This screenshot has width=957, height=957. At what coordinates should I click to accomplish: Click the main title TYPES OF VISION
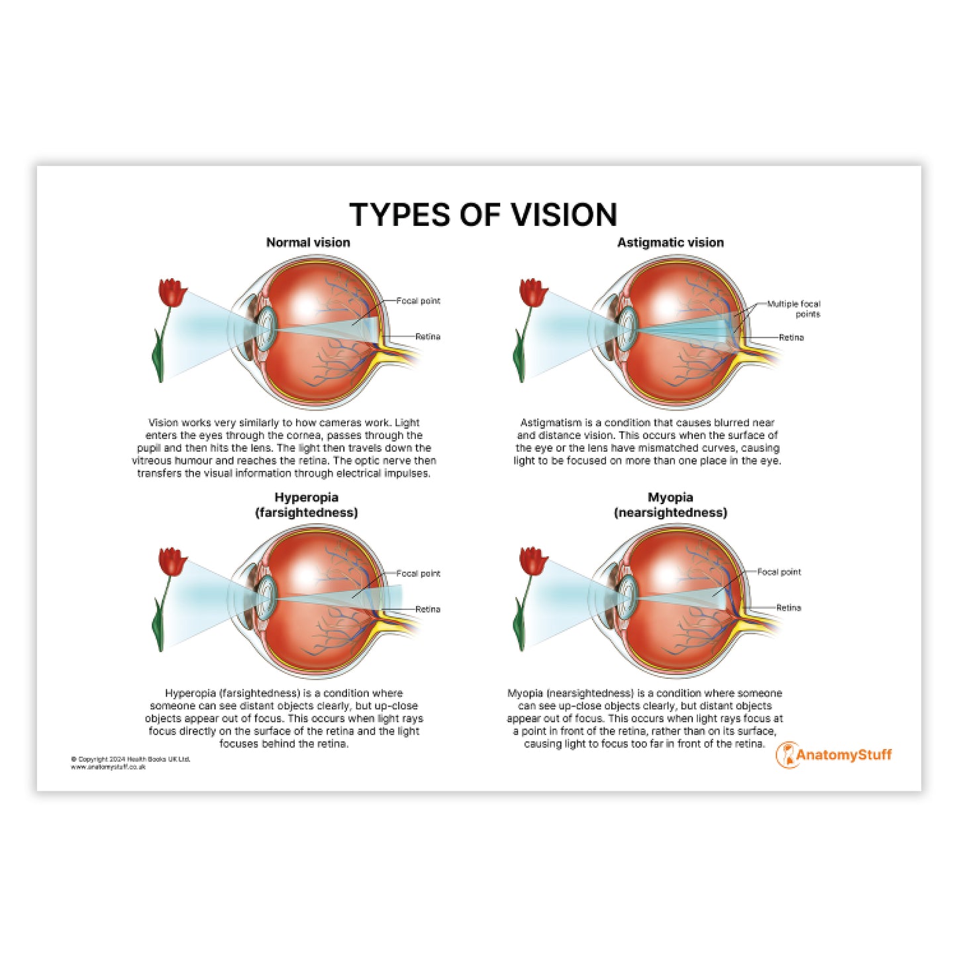click(483, 215)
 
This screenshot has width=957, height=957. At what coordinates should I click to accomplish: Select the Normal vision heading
click(308, 242)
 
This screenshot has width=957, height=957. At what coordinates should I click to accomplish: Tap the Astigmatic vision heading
click(670, 242)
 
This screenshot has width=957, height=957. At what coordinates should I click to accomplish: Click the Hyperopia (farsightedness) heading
click(307, 505)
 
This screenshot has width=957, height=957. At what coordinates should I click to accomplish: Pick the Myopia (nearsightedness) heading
click(670, 505)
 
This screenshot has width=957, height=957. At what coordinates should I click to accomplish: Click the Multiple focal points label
click(793, 309)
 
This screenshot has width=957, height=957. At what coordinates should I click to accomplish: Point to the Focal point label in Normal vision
click(418, 301)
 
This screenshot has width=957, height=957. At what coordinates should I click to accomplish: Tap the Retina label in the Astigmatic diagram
click(791, 337)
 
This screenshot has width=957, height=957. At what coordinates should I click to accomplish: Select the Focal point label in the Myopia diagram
click(779, 572)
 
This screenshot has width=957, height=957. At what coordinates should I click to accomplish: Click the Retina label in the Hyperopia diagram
click(428, 609)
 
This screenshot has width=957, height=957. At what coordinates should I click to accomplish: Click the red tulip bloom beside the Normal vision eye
click(172, 293)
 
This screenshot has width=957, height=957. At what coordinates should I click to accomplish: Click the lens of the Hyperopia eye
click(267, 598)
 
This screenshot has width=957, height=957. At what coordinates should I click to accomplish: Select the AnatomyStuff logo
click(833, 755)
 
